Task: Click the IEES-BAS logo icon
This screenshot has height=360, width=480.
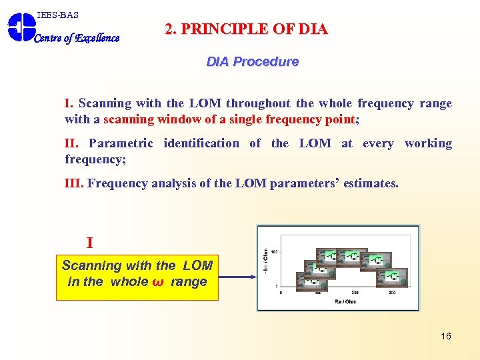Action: (21, 27)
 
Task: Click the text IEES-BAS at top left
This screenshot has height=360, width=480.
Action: (58, 15)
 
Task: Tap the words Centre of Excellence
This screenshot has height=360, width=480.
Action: (77, 38)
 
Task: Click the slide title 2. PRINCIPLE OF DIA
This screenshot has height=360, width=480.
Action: (246, 29)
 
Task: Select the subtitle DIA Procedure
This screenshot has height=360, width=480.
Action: (252, 61)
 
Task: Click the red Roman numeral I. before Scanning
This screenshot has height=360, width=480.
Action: (69, 103)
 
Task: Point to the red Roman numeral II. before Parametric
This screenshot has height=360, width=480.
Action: (72, 143)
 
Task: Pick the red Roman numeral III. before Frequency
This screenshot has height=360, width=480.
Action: (74, 183)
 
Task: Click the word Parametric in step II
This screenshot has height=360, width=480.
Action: (121, 143)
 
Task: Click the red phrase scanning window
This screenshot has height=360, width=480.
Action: (147, 119)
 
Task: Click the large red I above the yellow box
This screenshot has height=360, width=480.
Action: (89, 243)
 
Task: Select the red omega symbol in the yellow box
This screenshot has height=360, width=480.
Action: (159, 282)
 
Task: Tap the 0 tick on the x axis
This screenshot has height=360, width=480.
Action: (281, 292)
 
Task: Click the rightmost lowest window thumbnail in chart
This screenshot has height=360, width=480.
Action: (393, 276)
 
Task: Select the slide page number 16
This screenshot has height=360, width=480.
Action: (446, 336)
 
